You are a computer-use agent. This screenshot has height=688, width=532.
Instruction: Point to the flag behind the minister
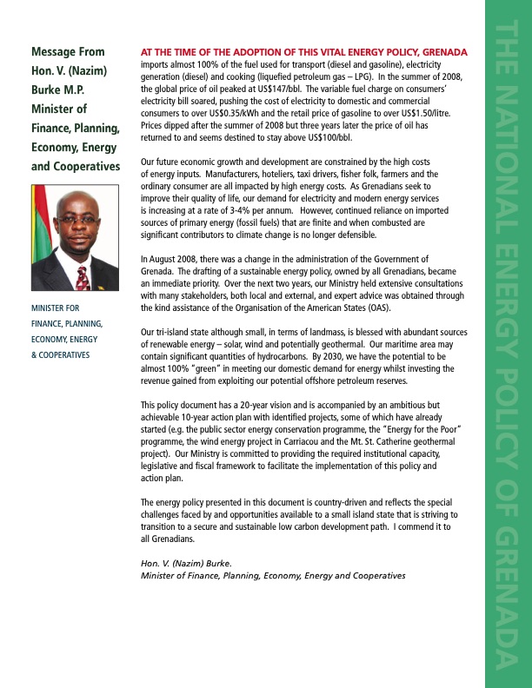click(41, 235)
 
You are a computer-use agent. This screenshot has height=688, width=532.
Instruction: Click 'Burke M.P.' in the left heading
click(63, 89)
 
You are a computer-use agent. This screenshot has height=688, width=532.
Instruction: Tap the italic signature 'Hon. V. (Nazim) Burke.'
click(185, 564)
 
